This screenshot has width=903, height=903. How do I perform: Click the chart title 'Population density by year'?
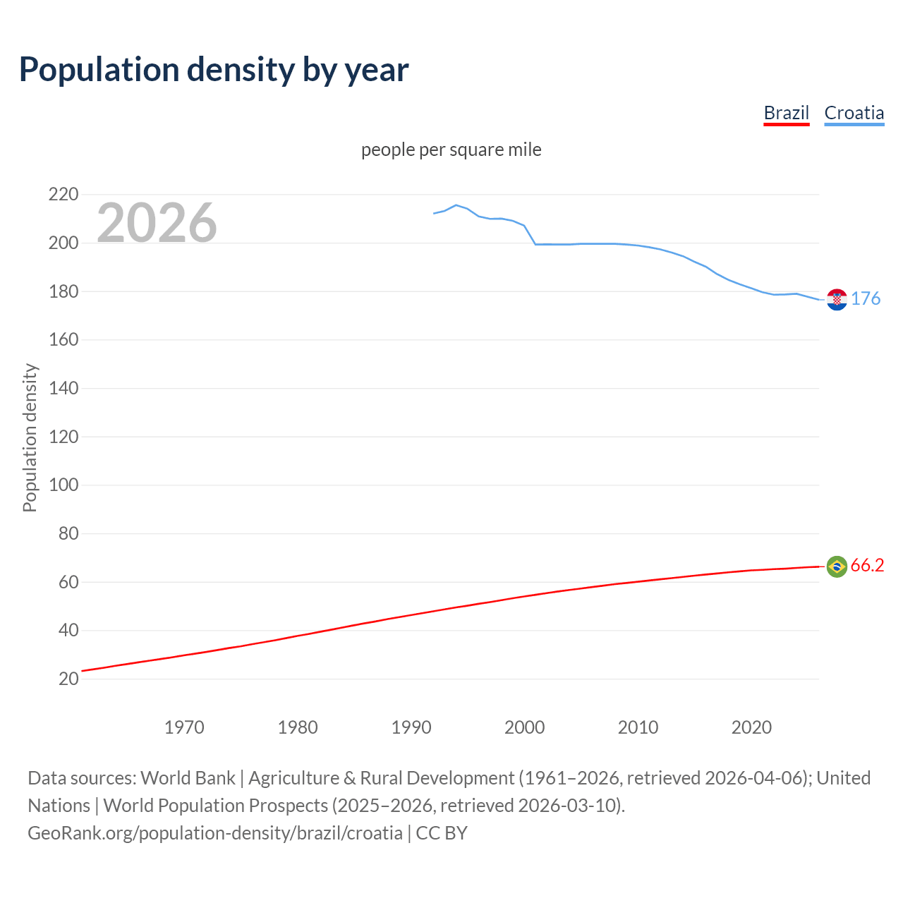click(x=214, y=70)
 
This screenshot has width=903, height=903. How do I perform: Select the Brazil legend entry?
click(x=786, y=113)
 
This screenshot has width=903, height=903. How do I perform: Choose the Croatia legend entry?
click(x=854, y=113)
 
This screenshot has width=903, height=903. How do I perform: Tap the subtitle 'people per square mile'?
click(x=451, y=150)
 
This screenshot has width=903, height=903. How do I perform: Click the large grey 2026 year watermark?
click(x=157, y=223)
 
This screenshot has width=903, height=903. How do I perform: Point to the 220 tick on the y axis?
click(x=63, y=194)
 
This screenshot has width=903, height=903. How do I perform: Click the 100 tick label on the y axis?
click(x=63, y=485)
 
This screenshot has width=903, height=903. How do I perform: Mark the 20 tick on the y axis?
click(x=68, y=679)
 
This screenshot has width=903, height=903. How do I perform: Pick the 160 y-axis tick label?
click(x=63, y=339)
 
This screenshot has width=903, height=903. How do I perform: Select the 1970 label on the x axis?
click(x=184, y=727)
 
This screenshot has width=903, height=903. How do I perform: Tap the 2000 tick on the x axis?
click(x=524, y=727)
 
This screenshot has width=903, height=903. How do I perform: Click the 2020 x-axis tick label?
click(x=751, y=727)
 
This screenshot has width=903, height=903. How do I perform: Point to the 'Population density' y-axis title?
click(x=30, y=437)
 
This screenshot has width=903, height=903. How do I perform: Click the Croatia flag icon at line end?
click(x=837, y=299)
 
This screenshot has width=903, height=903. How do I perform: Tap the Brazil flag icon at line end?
click(x=837, y=566)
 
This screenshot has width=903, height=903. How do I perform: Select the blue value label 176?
click(x=866, y=298)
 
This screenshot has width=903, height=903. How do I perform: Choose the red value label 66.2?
click(x=867, y=566)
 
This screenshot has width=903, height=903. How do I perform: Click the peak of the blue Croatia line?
click(x=456, y=205)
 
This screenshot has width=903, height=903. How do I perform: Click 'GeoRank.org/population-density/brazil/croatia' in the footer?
click(x=215, y=833)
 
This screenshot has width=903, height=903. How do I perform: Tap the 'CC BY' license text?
click(x=442, y=833)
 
